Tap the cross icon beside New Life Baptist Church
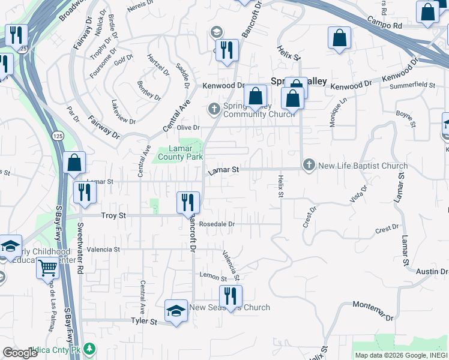tap(309, 165)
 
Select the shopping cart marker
tap(48, 268)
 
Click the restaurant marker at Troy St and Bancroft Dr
tap(188, 202)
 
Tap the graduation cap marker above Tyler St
tap(175, 311)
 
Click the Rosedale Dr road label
tap(217, 224)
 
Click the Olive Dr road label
tap(188, 128)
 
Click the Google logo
tap(20, 353)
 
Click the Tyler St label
tap(144, 322)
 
